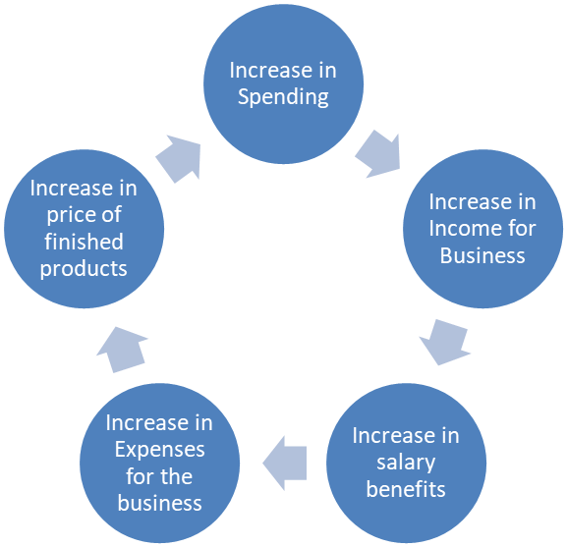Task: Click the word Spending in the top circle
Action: (283, 97)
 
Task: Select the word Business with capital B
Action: (482, 255)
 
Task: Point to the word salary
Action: (406, 463)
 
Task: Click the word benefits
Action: (406, 489)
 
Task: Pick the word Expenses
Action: (159, 450)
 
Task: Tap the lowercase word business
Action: (159, 503)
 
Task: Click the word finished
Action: (84, 242)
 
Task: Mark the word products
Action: (84, 269)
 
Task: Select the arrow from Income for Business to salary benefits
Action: (445, 342)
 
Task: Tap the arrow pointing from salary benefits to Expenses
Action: (285, 463)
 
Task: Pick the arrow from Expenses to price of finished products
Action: (122, 350)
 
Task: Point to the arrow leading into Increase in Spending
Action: (179, 159)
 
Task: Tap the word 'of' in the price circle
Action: (111, 215)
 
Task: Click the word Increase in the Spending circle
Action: (271, 70)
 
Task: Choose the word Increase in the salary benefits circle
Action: (394, 435)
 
